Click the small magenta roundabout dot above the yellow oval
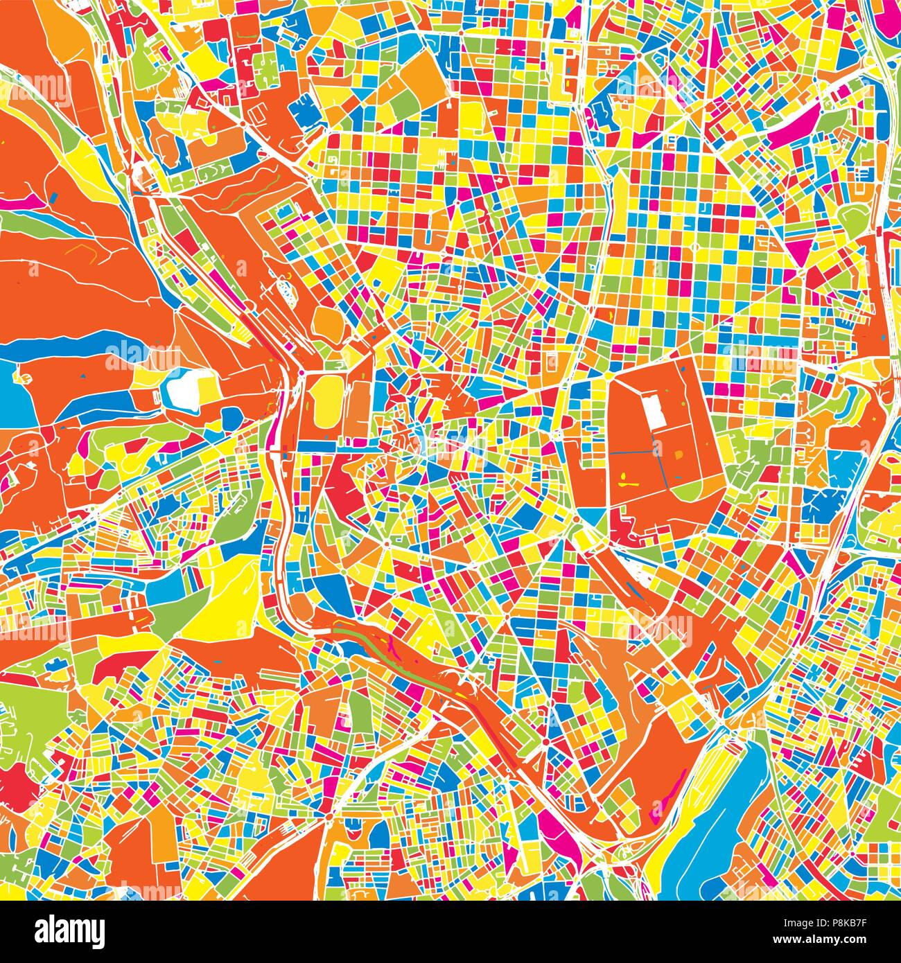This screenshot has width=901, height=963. pyautogui.click(x=302, y=374)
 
